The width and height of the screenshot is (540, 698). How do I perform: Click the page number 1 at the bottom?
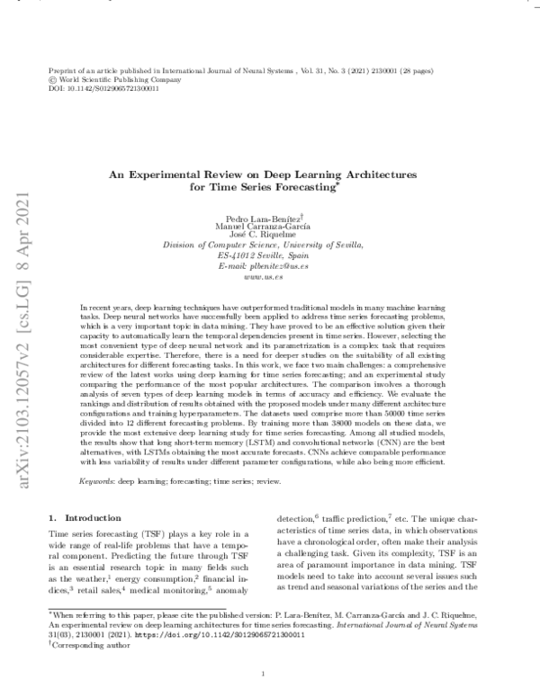[262, 674]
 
